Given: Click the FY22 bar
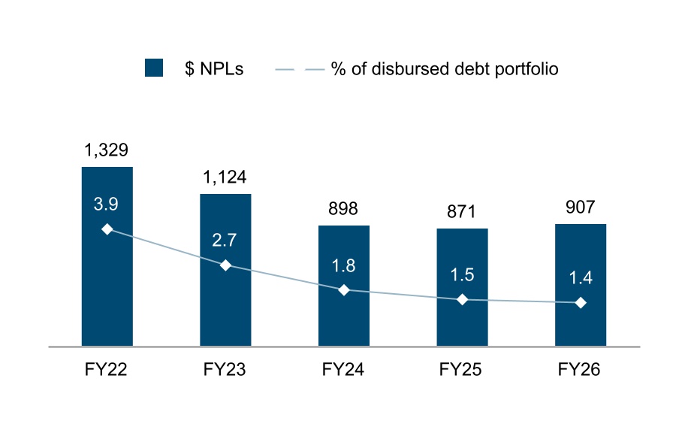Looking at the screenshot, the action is [x=107, y=256].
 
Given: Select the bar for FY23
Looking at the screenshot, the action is [x=225, y=270].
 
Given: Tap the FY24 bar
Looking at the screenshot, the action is [x=344, y=286].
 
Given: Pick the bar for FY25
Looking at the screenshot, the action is [x=462, y=287].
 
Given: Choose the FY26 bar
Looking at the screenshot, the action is [x=581, y=285].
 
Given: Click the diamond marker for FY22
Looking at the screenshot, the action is [x=107, y=229].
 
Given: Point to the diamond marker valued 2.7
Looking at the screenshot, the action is [x=225, y=265].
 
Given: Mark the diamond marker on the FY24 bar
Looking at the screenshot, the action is [x=344, y=290].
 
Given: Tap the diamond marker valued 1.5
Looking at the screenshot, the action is [x=462, y=300].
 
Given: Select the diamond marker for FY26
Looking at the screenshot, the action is [x=581, y=303].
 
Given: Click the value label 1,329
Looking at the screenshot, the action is [x=106, y=150].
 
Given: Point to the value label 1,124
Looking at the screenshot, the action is [x=225, y=177].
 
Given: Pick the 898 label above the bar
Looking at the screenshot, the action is [x=343, y=208].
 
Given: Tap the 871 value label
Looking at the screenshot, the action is [x=462, y=212].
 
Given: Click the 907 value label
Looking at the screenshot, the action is [x=580, y=207].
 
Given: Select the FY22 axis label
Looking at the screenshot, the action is [x=106, y=369].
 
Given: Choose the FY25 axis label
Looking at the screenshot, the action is [x=460, y=369].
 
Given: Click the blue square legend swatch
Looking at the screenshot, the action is [x=154, y=68].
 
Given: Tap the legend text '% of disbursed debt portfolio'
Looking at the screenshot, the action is [x=445, y=69].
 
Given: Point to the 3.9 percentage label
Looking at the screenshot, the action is [x=106, y=204].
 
